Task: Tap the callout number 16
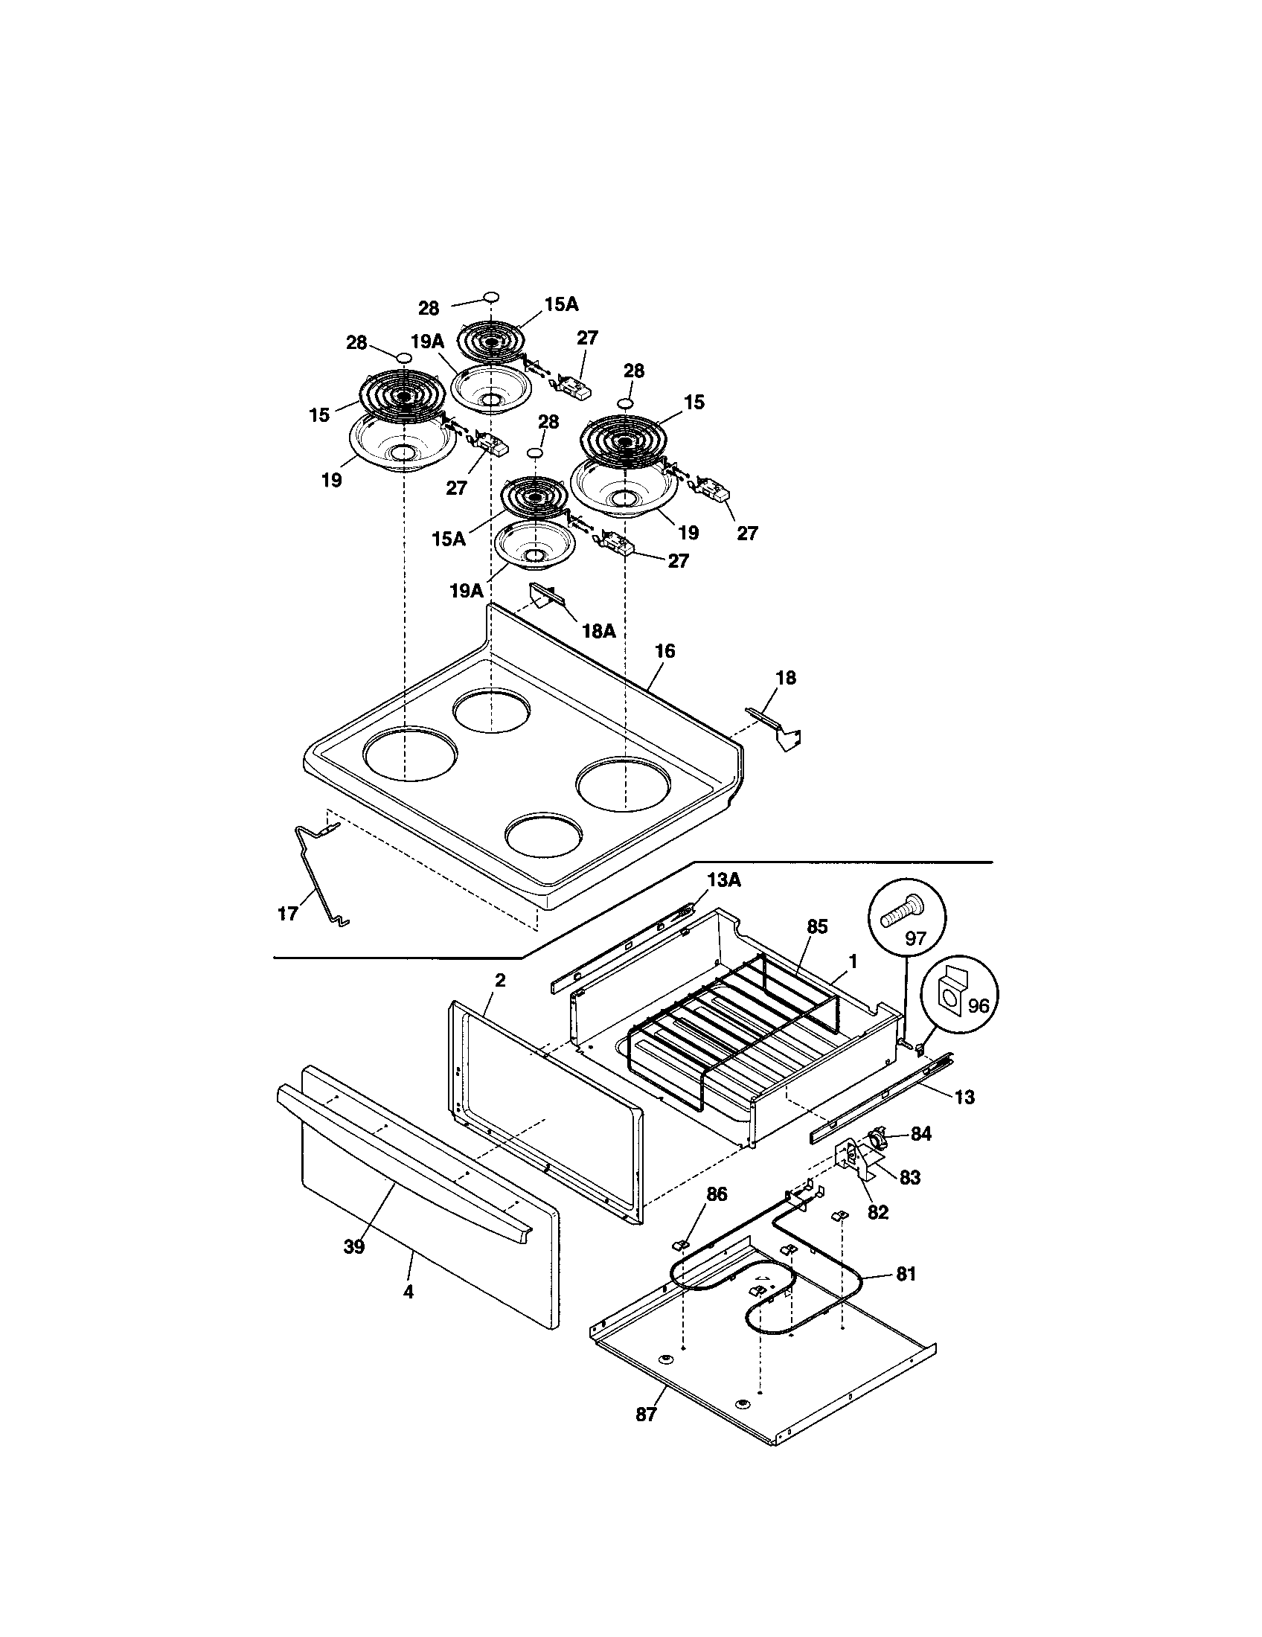(664, 651)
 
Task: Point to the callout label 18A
(598, 631)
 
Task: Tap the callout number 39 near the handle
(353, 1246)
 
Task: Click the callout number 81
(906, 1274)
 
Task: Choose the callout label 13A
(723, 880)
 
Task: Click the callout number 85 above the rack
(817, 926)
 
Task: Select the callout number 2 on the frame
(500, 980)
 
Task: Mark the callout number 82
(877, 1212)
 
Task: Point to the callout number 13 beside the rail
(964, 1098)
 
